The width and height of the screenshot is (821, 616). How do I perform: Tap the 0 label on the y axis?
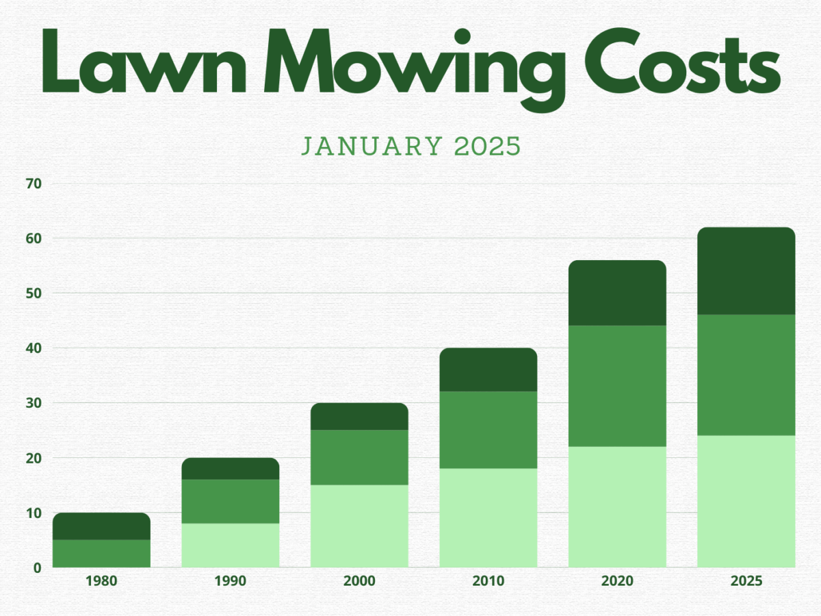point(38,567)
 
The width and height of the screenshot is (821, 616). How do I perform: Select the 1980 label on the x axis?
point(101,582)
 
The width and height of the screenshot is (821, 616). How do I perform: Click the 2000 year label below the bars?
point(359,582)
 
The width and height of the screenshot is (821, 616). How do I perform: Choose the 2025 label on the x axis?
point(746,582)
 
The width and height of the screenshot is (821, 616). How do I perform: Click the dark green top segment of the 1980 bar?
point(101,526)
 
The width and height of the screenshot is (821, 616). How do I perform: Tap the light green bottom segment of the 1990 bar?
point(230,545)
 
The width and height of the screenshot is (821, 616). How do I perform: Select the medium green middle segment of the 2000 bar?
point(359,457)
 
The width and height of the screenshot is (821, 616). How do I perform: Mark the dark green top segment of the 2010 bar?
point(488,370)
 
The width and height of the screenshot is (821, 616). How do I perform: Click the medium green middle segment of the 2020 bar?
point(617,386)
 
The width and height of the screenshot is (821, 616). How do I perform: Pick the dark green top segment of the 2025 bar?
point(746,271)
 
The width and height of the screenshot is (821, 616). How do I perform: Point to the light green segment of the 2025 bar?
point(746,501)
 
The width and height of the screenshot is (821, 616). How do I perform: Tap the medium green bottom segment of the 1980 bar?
point(101,553)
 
